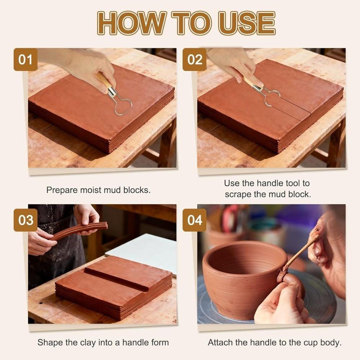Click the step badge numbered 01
pyautogui.click(x=26, y=59)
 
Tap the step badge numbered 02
pyautogui.click(x=194, y=59)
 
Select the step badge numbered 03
pyautogui.click(x=26, y=220)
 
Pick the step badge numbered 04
pyautogui.click(x=194, y=220)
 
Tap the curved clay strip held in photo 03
pyautogui.click(x=79, y=230)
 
